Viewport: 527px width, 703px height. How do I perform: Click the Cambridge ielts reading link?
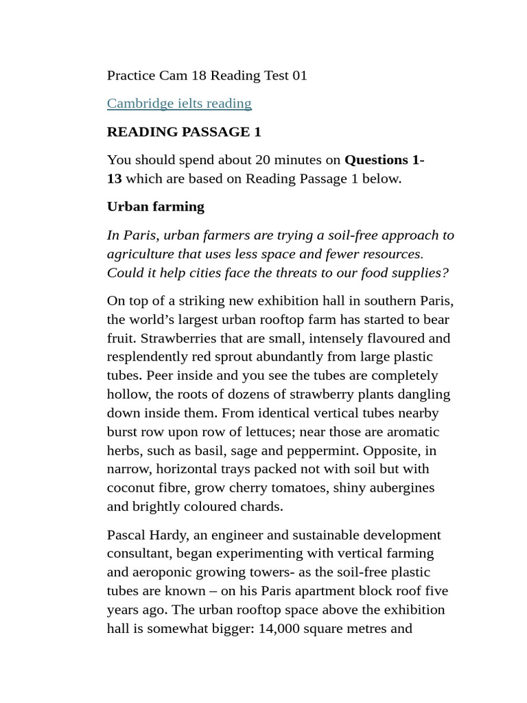179,104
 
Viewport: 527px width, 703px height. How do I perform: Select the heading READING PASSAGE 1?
184,132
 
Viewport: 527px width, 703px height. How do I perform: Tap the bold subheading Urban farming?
156,207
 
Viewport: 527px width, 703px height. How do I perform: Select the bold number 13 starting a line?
115,178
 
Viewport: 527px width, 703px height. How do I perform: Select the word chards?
261,507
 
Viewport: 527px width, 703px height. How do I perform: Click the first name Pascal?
128,535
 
